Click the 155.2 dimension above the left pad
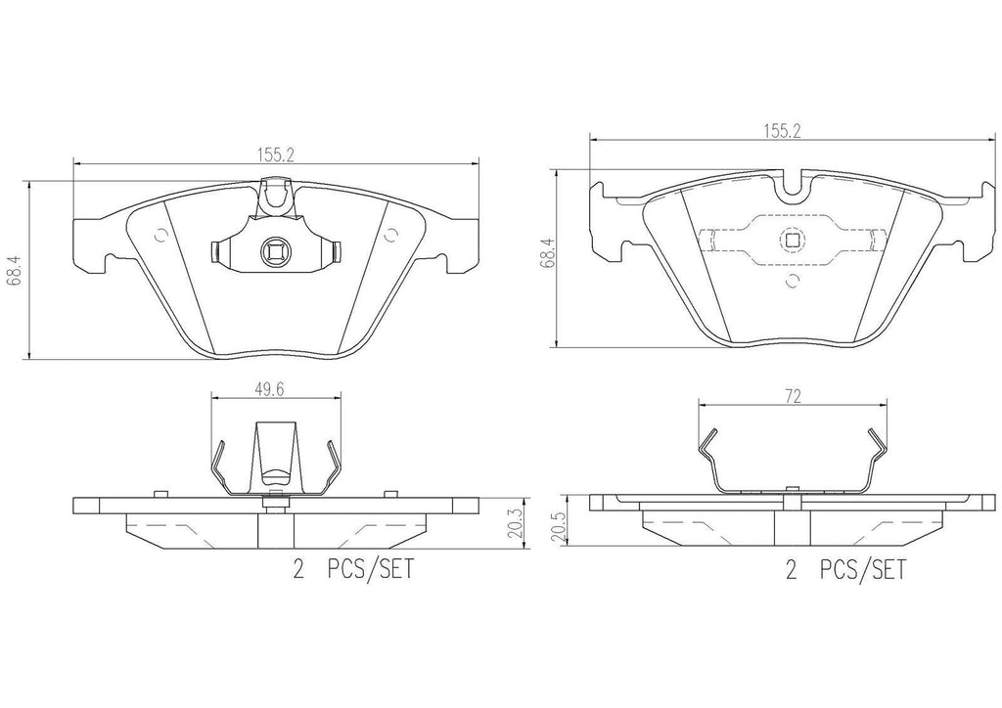(x=277, y=154)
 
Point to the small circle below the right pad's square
(x=793, y=283)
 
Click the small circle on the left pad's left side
(x=162, y=235)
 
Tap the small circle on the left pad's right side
(x=390, y=235)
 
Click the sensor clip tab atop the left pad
(x=277, y=195)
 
